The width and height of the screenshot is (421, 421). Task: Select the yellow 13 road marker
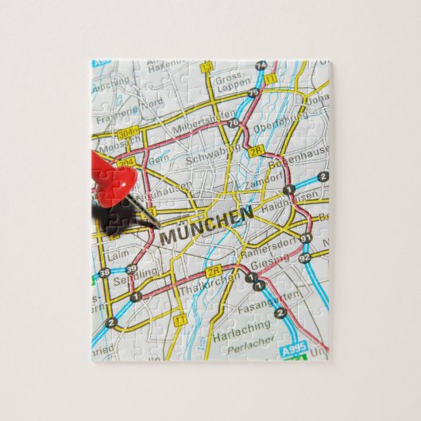[x=207, y=68]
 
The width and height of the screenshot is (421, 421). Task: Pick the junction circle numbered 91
[x=306, y=238]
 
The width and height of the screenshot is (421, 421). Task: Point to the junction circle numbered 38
[x=105, y=273]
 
